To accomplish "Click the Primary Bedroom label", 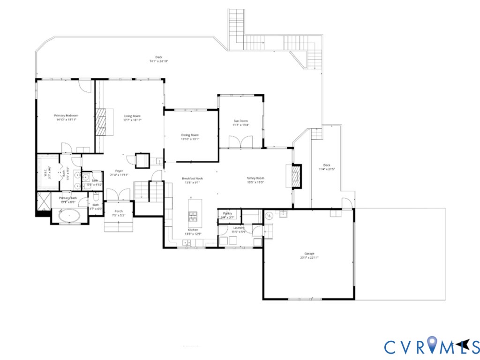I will [x=66, y=115].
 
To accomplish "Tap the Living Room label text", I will [x=132, y=116].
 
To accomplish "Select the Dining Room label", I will [x=190, y=135].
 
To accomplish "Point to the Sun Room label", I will [x=241, y=121].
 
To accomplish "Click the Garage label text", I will [x=307, y=254].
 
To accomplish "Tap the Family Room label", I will [x=256, y=178].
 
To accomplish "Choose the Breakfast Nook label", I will [x=192, y=178].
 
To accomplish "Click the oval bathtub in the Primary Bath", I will [x=69, y=216].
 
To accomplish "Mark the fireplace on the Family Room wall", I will [x=295, y=175].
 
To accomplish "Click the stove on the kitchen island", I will [x=193, y=216].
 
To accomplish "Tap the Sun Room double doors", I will [x=240, y=142].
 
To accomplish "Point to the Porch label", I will [x=119, y=211].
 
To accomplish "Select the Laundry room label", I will [x=239, y=228].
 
